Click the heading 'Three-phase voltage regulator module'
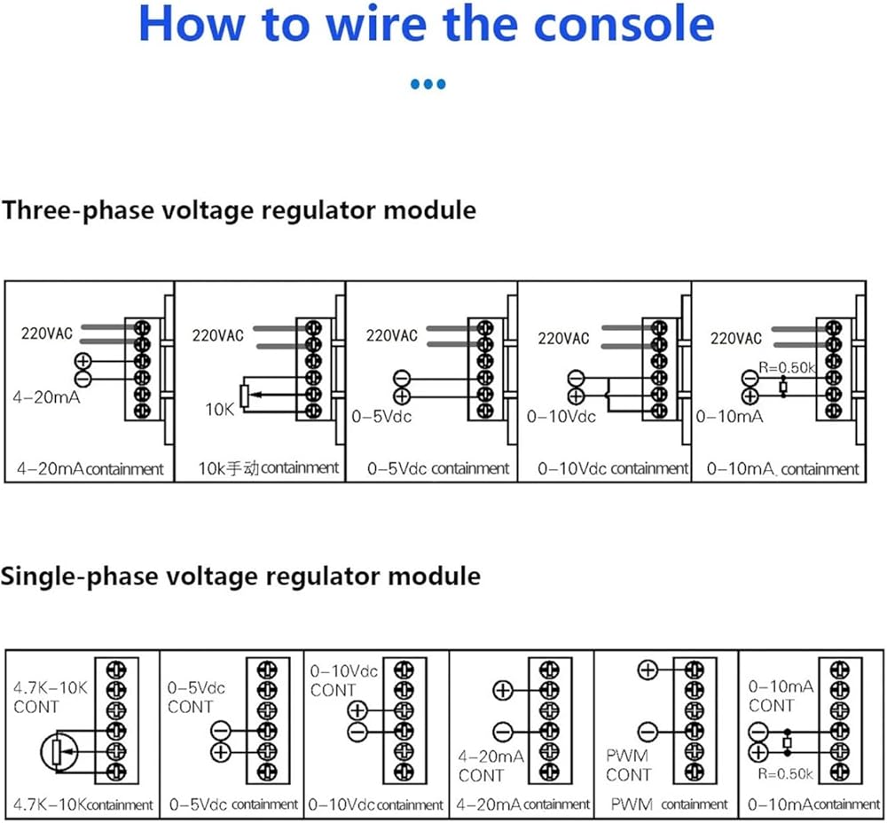tap(239, 210)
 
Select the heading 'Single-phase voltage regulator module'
tap(240, 576)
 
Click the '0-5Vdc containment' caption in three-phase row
tap(438, 468)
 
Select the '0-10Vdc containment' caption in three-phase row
tap(613, 468)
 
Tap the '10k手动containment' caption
tap(269, 467)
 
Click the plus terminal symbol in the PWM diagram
tap(647, 670)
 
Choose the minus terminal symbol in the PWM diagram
tap(647, 732)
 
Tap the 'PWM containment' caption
tap(669, 804)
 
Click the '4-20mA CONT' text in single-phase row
tap(491, 766)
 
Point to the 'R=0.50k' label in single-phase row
tap(786, 773)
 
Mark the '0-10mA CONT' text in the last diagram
tap(781, 696)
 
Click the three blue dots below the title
tap(428, 85)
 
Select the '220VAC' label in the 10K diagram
tap(217, 336)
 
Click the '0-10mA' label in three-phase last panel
tap(729, 416)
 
